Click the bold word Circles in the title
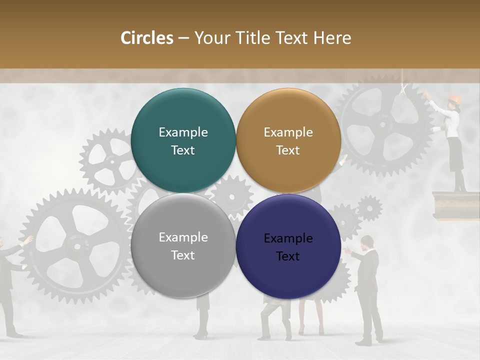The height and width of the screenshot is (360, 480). pyautogui.click(x=147, y=38)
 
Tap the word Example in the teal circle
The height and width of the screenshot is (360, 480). pyautogui.click(x=183, y=132)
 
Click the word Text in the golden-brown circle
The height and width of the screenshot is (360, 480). pyautogui.click(x=288, y=150)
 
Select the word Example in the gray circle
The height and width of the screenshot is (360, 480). pyautogui.click(x=183, y=237)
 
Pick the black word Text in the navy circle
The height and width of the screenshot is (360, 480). pyautogui.click(x=288, y=256)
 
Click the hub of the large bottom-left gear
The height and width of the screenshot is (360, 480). pyautogui.click(x=76, y=245)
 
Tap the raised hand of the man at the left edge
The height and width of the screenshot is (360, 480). pyautogui.click(x=27, y=240)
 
